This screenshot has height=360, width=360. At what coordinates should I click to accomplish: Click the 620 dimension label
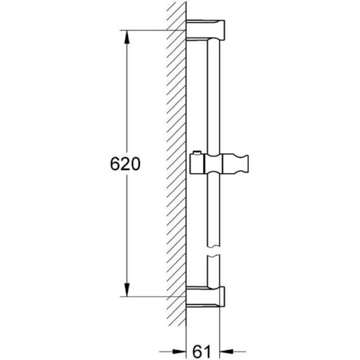(x=124, y=164)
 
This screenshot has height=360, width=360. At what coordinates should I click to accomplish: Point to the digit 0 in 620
(x=136, y=164)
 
